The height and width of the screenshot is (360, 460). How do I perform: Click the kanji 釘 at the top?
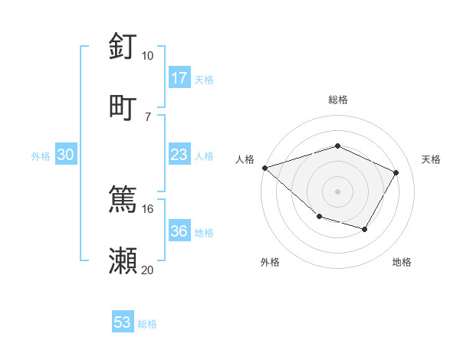point(123,47)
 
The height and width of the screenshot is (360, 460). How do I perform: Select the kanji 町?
point(123,106)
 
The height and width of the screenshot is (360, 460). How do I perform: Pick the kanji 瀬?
point(123,259)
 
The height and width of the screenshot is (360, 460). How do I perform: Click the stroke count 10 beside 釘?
point(147,56)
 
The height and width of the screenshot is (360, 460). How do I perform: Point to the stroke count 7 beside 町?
point(147,116)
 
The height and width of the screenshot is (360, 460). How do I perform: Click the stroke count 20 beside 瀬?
point(147,269)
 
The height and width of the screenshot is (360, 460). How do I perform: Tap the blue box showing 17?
point(179,78)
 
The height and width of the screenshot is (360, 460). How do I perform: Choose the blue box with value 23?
point(179,155)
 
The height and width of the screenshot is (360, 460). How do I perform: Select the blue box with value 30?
point(66,155)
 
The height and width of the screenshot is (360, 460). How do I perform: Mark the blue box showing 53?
point(123,322)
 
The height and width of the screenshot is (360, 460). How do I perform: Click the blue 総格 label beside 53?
point(147,324)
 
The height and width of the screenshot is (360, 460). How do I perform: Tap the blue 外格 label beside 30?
point(41,156)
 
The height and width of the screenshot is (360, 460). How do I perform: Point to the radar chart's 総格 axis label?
point(337,100)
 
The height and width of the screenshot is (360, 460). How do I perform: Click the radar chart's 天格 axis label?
point(432,159)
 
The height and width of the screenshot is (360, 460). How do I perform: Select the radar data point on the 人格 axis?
point(264,168)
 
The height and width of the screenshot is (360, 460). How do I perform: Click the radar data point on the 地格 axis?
point(365,229)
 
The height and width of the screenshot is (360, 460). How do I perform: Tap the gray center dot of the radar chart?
point(337,191)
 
